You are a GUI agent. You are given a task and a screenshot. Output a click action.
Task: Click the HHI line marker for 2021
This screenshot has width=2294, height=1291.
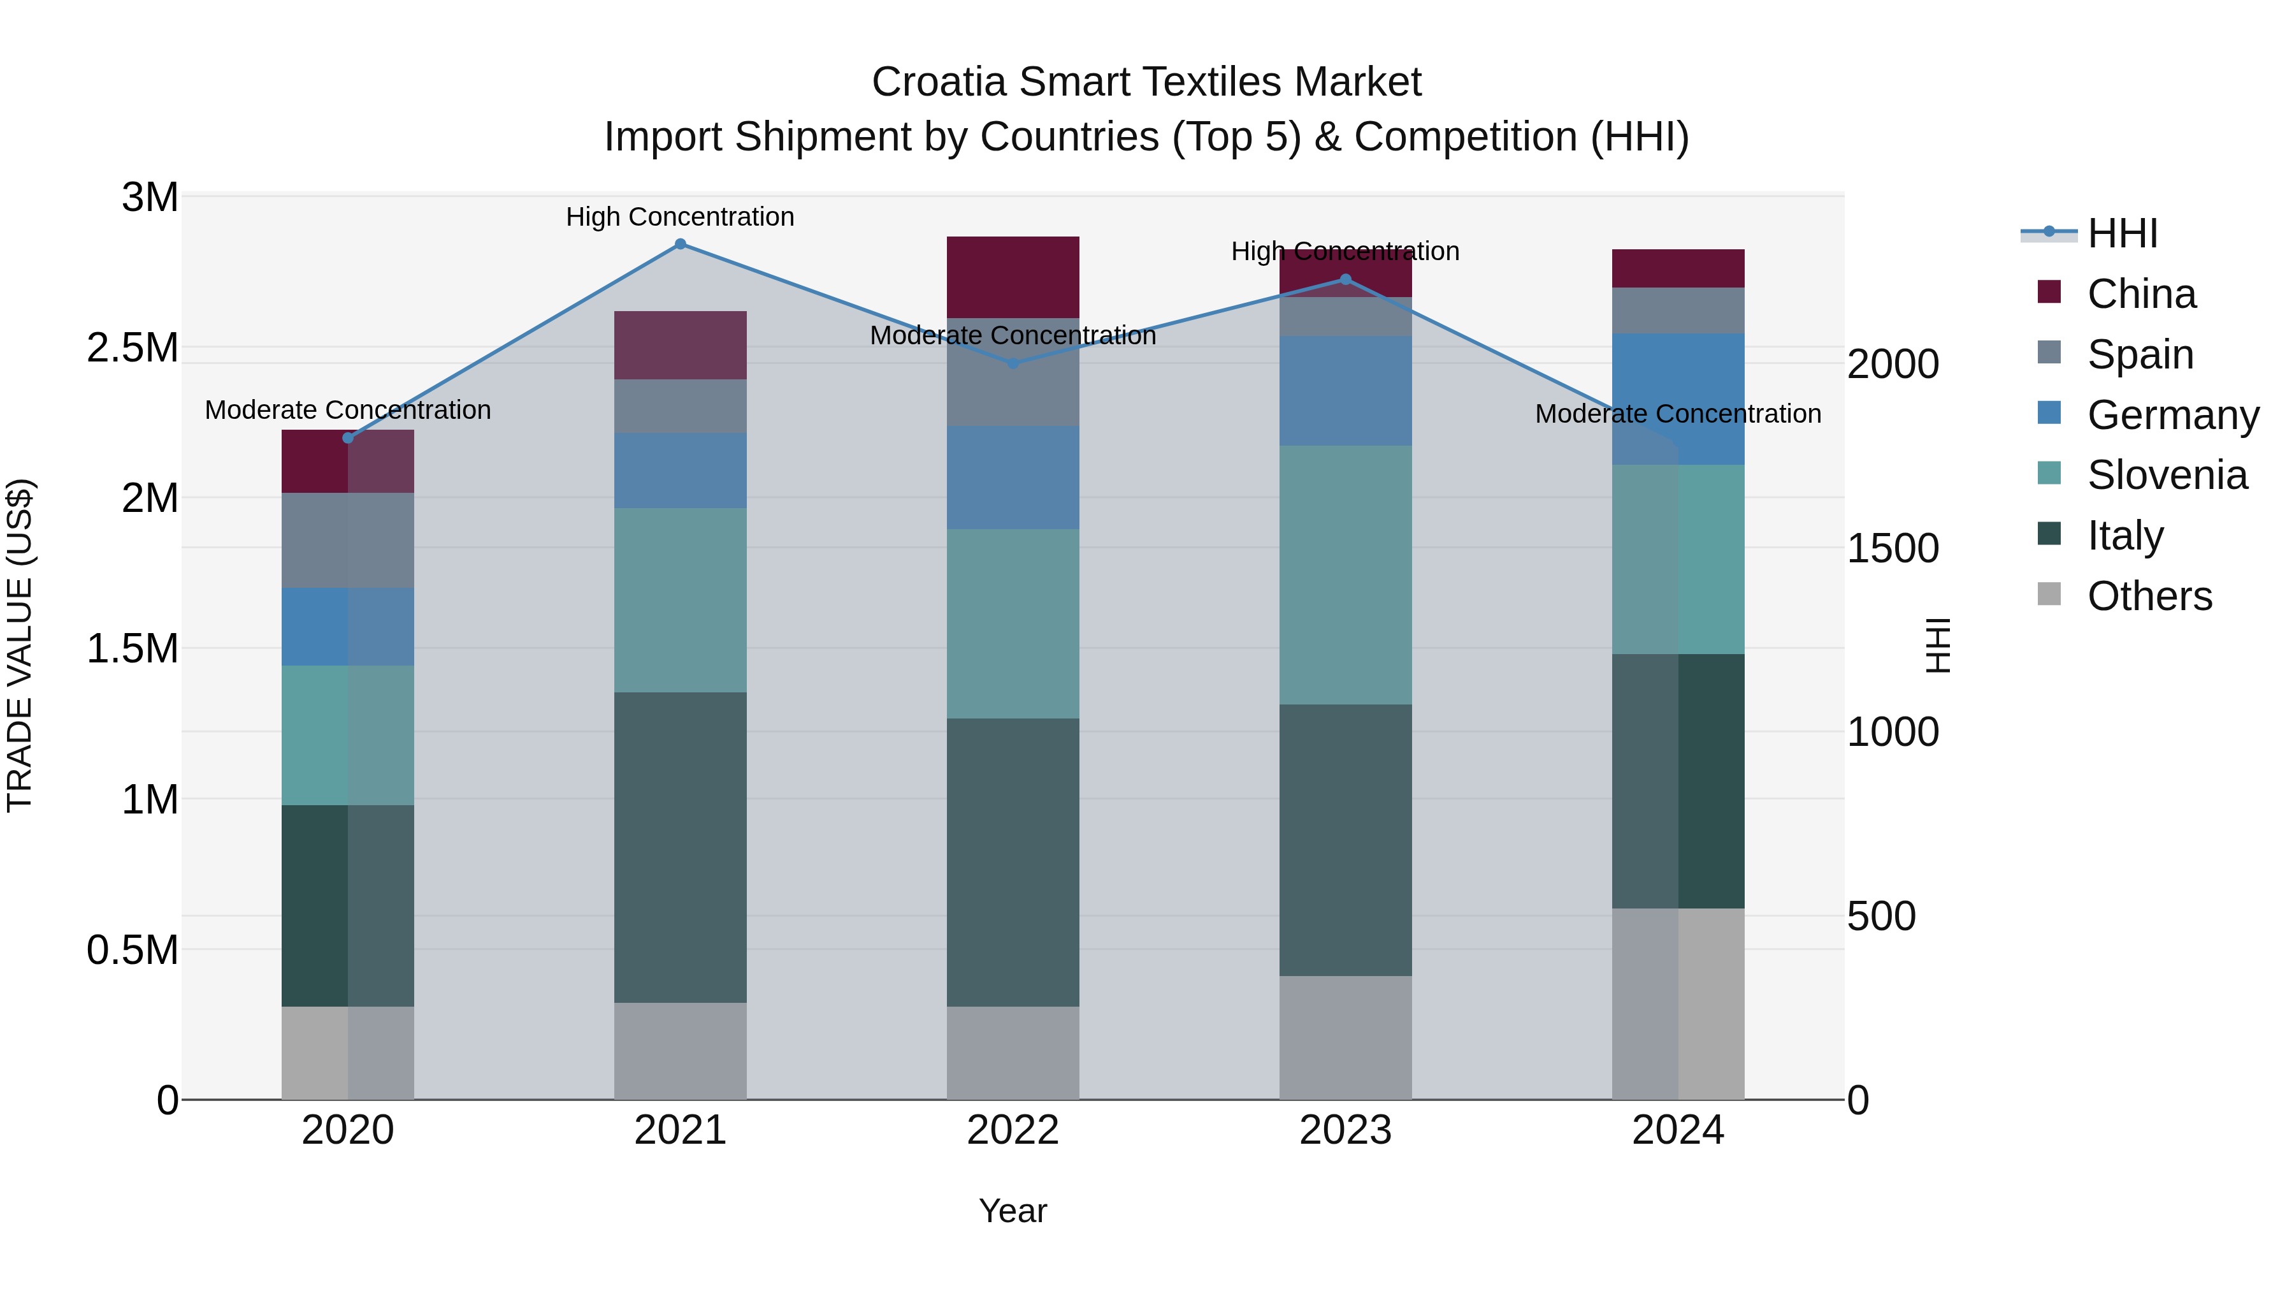pyautogui.click(x=681, y=244)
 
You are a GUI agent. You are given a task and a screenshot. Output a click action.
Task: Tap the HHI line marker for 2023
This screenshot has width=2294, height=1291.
pyautogui.click(x=1346, y=280)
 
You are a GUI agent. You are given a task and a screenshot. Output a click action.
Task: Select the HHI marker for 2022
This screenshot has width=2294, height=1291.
pyautogui.click(x=1013, y=363)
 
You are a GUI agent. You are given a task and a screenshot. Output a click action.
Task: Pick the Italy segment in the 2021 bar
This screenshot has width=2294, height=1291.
pyautogui.click(x=681, y=847)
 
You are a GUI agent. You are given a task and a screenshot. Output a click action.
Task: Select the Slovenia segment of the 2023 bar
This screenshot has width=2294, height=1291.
pyautogui.click(x=1346, y=574)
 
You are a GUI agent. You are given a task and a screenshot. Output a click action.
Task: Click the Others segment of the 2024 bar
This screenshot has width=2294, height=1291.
pyautogui.click(x=1678, y=1003)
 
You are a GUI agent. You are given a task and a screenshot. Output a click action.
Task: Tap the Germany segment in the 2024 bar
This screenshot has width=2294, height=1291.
pyautogui.click(x=1678, y=398)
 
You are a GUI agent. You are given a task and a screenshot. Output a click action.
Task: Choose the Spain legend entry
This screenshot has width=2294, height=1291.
pyautogui.click(x=2139, y=354)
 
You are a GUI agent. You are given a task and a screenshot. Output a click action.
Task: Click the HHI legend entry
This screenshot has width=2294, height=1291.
pyautogui.click(x=2121, y=233)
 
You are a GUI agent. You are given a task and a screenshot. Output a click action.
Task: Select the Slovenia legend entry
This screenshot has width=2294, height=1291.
pyautogui.click(x=2166, y=475)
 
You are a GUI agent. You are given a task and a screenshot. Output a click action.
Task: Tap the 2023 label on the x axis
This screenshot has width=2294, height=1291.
pyautogui.click(x=1346, y=1130)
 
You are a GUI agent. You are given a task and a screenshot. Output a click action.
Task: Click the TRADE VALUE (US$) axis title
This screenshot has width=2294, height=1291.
pyautogui.click(x=20, y=646)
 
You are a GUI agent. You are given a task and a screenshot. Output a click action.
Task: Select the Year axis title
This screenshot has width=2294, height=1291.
pyautogui.click(x=1013, y=1211)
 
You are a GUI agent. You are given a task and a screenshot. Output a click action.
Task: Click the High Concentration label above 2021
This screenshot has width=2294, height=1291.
pyautogui.click(x=681, y=217)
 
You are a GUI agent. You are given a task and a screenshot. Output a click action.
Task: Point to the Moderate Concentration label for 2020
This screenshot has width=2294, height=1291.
pyautogui.click(x=347, y=410)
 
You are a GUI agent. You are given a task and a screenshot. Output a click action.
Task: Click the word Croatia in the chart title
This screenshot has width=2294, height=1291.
pyautogui.click(x=941, y=82)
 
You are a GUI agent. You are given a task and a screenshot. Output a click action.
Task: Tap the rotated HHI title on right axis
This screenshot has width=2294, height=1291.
pyautogui.click(x=1937, y=646)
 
